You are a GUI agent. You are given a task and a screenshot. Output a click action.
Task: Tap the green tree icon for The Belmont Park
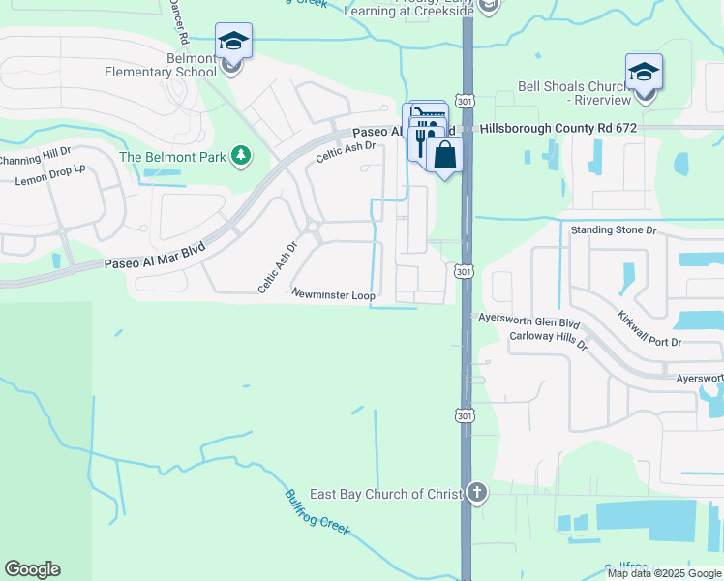tap(241, 156)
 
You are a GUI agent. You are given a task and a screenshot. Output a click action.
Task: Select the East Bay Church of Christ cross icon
tap(476, 494)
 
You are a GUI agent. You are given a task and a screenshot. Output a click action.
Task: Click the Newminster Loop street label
tap(333, 293)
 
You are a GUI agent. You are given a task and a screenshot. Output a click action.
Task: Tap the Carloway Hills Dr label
tap(549, 342)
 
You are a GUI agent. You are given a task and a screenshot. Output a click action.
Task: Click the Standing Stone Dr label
tap(614, 230)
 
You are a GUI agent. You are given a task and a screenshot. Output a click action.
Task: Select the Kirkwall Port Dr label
tap(649, 329)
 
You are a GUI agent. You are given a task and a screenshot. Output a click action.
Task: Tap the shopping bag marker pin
tap(444, 155)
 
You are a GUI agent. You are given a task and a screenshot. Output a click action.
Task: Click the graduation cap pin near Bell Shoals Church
tap(644, 73)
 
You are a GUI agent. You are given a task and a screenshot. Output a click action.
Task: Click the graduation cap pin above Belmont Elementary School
tap(233, 42)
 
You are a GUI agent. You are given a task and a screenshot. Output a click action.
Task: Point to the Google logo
tap(32, 569)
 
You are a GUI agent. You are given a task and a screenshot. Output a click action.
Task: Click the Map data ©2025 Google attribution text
tap(664, 573)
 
